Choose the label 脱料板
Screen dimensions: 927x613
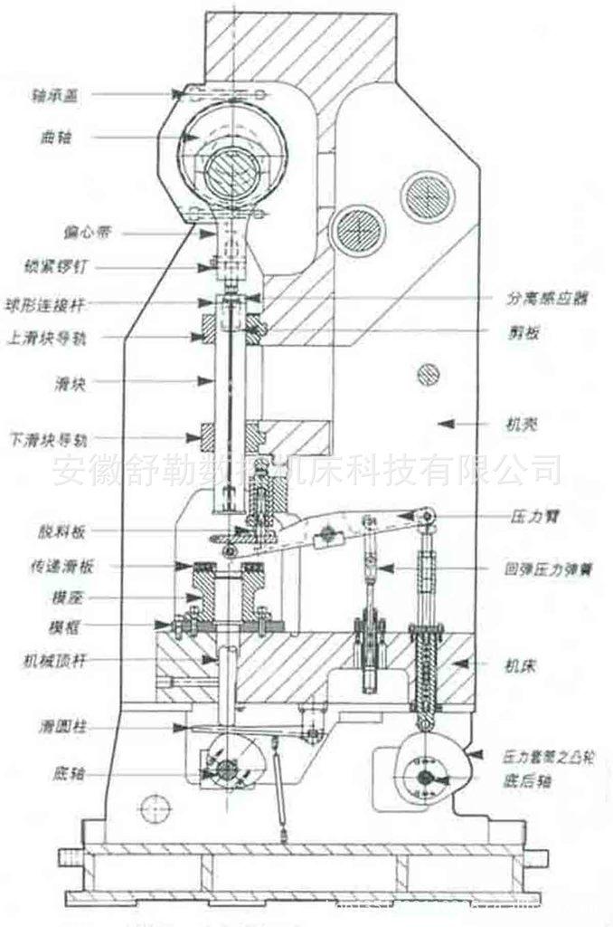pyautogui.click(x=45, y=530)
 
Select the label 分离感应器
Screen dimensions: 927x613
pyautogui.click(x=542, y=298)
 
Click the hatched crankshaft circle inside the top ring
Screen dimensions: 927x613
pyautogui.click(x=231, y=173)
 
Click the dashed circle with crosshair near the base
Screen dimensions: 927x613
pyautogui.click(x=152, y=802)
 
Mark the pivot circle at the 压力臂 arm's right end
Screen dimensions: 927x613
pyautogui.click(x=426, y=516)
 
